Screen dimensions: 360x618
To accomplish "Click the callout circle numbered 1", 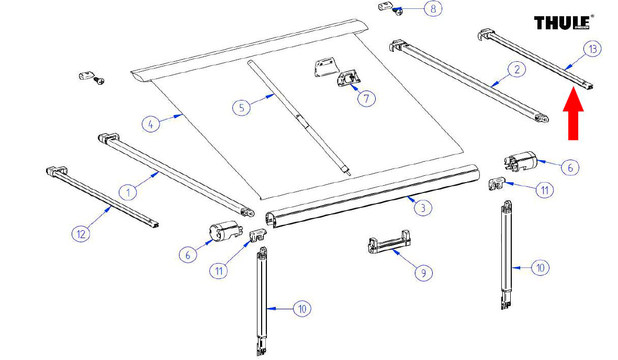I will pos(128,192).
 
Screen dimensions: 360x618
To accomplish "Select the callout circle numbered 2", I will pos(517,69).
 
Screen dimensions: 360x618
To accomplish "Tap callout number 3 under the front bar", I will pos(423,208).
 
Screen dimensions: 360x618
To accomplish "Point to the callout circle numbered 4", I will pos(151,125).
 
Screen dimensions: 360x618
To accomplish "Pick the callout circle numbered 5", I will pos(241,107).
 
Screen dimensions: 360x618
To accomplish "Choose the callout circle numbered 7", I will pos(366,98).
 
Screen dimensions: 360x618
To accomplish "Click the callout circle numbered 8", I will pos(433,9).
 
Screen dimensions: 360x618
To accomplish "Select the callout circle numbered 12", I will pos(81,234).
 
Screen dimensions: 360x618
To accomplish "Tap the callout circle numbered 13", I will pos(592,49).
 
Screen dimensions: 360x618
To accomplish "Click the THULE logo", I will pos(561,23).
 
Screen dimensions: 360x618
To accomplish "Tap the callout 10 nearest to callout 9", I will pos(540,268).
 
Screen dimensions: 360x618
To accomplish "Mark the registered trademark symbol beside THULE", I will pos(592,17).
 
